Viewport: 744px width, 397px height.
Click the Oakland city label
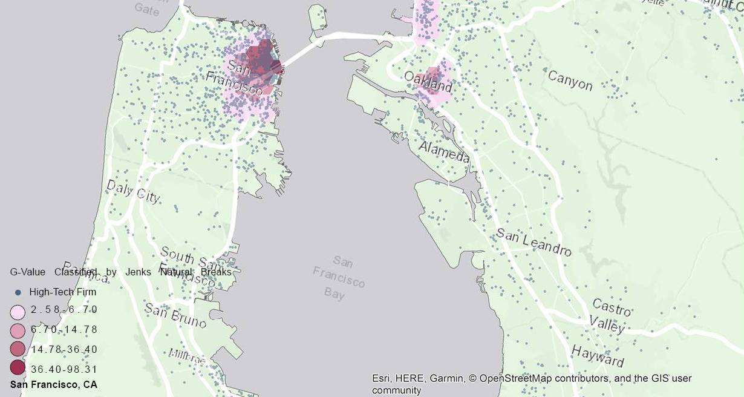coord(428,81)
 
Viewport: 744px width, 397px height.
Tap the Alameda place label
coord(444,153)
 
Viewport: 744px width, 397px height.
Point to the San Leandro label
coord(534,242)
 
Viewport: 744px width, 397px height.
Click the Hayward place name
coord(597,356)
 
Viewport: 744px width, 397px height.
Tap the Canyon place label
coord(570,80)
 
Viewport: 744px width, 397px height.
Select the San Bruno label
coord(175,317)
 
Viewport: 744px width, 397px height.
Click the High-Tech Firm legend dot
coord(18,292)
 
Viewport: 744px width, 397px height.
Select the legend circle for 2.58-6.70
coord(18,312)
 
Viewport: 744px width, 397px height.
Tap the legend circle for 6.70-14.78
coord(18,330)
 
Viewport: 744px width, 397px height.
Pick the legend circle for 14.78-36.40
coord(18,349)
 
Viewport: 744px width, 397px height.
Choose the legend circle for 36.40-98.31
coord(18,368)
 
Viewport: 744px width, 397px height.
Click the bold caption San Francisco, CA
coord(53,385)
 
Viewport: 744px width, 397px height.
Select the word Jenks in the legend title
coord(138,272)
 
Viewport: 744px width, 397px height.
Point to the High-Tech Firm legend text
coord(62,292)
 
